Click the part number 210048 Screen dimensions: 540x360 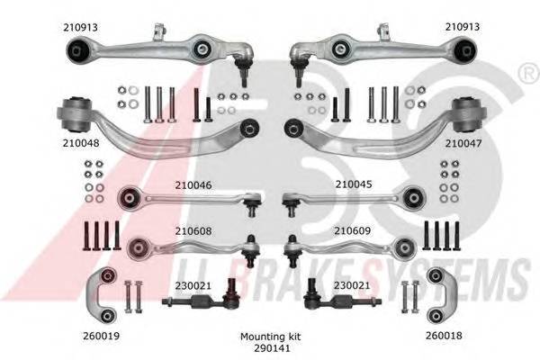[81, 143]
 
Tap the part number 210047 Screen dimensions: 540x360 [463, 143]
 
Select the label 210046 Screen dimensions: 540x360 [193, 185]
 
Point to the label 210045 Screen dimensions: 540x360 [354, 184]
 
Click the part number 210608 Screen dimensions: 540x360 [193, 230]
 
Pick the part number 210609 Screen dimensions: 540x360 [352, 230]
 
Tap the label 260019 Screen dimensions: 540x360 [101, 336]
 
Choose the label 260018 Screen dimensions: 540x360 [444, 335]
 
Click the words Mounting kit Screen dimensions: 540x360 [270, 337]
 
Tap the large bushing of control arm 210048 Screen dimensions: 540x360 [76, 115]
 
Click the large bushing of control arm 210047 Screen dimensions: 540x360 [468, 115]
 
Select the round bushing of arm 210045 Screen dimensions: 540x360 [414, 197]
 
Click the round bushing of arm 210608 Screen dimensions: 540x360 [138, 248]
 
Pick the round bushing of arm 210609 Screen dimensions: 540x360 [405, 247]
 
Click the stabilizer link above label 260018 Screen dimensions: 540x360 [441, 295]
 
